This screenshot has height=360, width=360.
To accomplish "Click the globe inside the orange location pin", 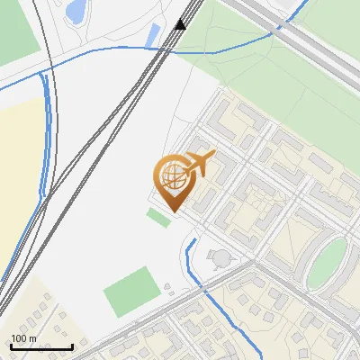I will click(x=171, y=176).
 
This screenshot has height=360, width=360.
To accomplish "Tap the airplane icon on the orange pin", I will click(x=198, y=164).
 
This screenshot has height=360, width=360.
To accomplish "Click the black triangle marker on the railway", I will click(x=181, y=24).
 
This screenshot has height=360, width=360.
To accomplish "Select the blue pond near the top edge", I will click(x=76, y=11).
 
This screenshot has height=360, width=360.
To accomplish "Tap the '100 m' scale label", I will click(x=23, y=338).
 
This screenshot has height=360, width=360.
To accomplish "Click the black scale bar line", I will click(x=40, y=347).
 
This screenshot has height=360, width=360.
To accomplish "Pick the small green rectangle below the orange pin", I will click(x=159, y=217).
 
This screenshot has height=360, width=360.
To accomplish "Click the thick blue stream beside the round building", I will click(x=189, y=261).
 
